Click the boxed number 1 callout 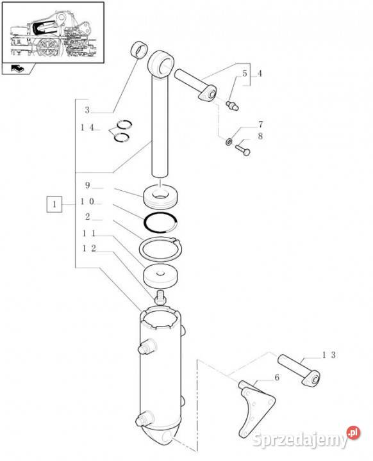click(54, 204)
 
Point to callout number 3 click(87, 110)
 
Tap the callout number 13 click(329, 355)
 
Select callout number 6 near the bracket click(277, 378)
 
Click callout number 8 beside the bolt click(260, 136)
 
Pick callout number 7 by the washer click(261, 124)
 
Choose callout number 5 click(245, 74)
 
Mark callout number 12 click(89, 248)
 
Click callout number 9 click(87, 186)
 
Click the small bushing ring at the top click(138, 49)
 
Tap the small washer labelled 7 click(228, 142)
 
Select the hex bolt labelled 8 click(243, 149)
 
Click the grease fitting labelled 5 click(232, 106)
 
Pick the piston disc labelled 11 click(161, 276)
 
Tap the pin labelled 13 click(299, 370)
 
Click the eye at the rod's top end click(161, 65)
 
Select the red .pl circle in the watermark click(354, 433)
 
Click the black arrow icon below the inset click(18, 69)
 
